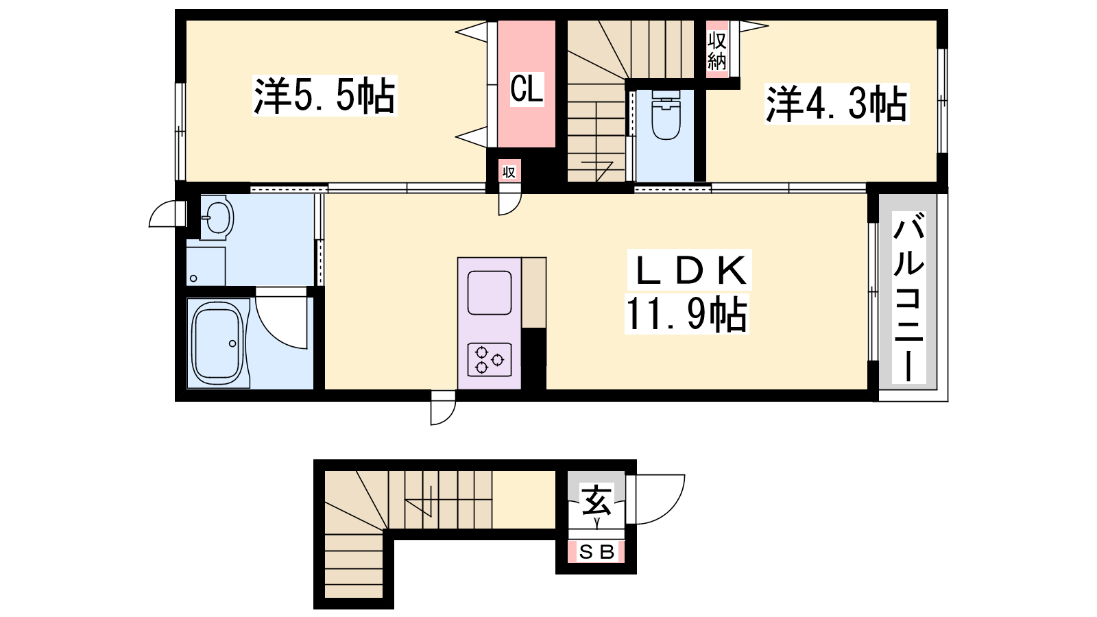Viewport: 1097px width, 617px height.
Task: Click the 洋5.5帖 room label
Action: click(x=325, y=95)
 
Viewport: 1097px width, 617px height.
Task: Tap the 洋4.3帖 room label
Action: click(x=837, y=104)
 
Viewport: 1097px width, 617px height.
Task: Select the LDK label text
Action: click(x=690, y=270)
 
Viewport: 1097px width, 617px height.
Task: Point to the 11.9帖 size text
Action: click(x=686, y=315)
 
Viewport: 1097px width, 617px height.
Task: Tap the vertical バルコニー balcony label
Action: click(x=908, y=298)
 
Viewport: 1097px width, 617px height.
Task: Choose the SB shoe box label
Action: click(x=596, y=553)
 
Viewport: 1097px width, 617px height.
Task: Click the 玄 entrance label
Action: click(x=596, y=500)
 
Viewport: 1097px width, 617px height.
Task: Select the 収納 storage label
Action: click(x=716, y=51)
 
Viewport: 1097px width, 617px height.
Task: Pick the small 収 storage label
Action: click(x=509, y=172)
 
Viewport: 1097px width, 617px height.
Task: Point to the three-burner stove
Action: click(x=490, y=359)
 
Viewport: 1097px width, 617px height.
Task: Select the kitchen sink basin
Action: click(x=490, y=293)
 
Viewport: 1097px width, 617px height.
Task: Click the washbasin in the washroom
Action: click(x=217, y=217)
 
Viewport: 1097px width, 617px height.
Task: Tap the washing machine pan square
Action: click(x=206, y=267)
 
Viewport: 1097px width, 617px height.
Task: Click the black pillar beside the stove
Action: click(x=534, y=359)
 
